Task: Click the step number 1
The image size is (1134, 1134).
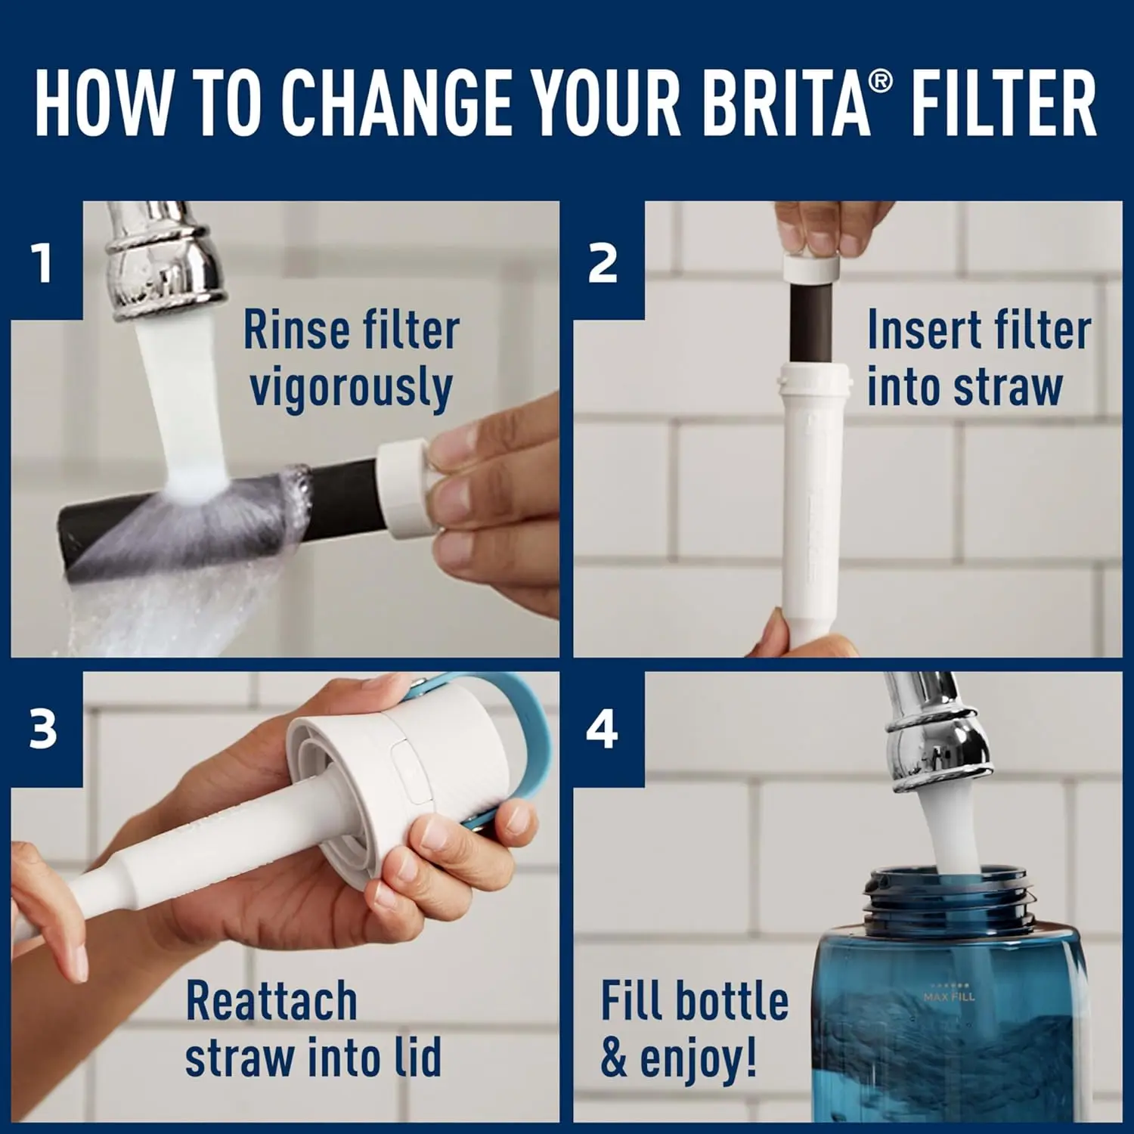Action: point(43,262)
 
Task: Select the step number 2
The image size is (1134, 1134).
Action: point(603,264)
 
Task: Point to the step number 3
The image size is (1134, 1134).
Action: point(43,729)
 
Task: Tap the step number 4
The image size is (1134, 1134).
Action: point(603,730)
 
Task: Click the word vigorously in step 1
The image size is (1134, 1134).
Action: point(351,387)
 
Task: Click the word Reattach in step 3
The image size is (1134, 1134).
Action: point(271,1001)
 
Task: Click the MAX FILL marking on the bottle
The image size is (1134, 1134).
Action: point(949,996)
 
